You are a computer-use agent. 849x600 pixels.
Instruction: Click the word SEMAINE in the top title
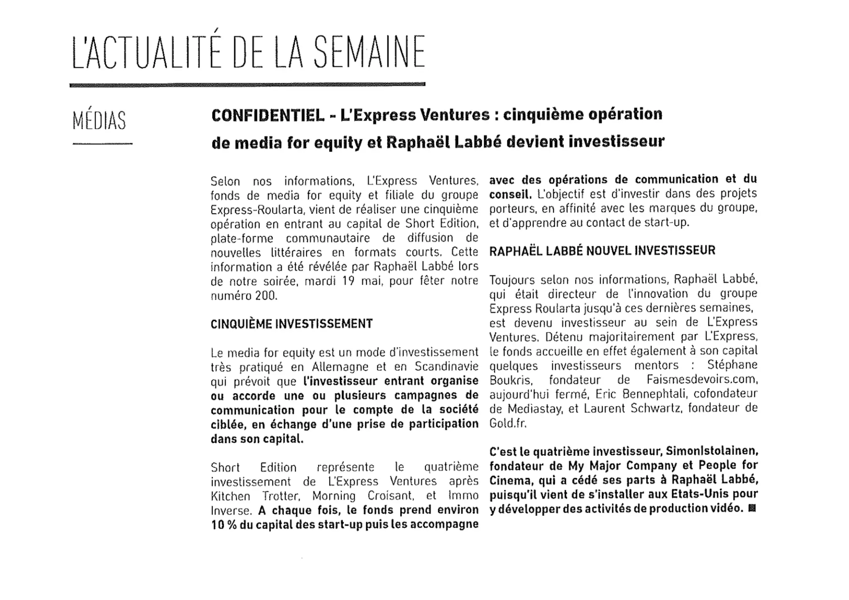coord(369,52)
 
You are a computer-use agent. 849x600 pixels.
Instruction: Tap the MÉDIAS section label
coord(99,121)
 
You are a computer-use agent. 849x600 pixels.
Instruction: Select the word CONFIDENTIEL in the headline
coord(268,115)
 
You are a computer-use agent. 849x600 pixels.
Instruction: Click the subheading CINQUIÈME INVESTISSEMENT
coord(291,324)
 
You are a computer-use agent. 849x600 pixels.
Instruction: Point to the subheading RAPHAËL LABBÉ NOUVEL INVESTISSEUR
coord(602,250)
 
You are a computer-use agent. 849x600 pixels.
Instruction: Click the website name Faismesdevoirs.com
coord(702,379)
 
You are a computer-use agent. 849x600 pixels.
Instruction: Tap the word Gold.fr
coord(508,423)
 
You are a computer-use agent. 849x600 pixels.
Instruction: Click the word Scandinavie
coord(446,367)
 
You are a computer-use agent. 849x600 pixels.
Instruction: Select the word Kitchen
coord(230,496)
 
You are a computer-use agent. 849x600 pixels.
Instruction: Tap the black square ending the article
coord(752,508)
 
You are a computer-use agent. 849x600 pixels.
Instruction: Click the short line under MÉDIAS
coord(102,143)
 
